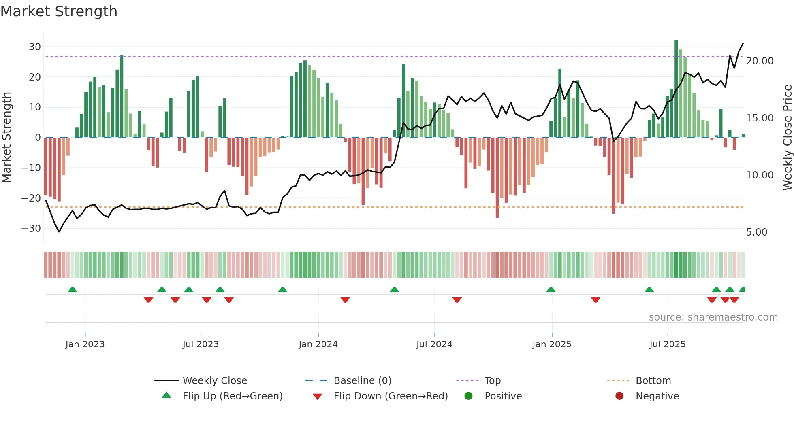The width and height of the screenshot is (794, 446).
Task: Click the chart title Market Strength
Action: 59,11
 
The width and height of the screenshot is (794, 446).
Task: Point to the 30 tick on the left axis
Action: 35,47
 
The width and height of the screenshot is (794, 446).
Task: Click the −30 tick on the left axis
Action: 32,228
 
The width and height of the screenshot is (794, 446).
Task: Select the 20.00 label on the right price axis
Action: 760,61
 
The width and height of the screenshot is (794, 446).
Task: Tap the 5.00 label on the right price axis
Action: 756,232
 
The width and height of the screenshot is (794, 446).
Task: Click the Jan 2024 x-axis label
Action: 318,344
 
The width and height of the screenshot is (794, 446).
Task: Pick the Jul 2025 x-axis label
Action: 667,344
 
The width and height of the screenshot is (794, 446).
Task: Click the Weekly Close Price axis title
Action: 787,138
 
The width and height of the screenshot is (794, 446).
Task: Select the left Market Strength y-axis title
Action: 6,138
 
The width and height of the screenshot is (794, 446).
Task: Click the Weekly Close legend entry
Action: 214,381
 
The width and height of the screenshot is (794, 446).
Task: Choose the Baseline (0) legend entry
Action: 362,381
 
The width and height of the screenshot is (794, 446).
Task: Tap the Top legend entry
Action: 492,381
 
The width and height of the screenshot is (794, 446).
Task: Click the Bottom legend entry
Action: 653,381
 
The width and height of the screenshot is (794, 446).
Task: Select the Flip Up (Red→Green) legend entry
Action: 232,396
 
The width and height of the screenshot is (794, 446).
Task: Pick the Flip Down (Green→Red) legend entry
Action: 391,396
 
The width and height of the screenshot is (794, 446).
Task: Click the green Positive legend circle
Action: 469,396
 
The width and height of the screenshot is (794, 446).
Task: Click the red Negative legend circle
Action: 619,396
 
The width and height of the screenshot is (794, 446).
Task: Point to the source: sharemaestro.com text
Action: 713,317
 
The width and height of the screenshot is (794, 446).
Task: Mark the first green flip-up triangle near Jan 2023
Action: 73,290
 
